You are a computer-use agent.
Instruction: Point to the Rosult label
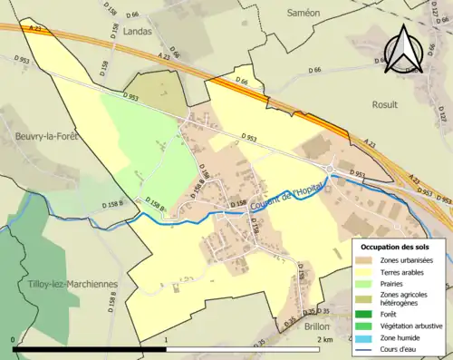click(x=384, y=104)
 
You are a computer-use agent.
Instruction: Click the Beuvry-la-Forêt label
click(x=46, y=136)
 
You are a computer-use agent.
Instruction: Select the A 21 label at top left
click(x=35, y=28)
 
